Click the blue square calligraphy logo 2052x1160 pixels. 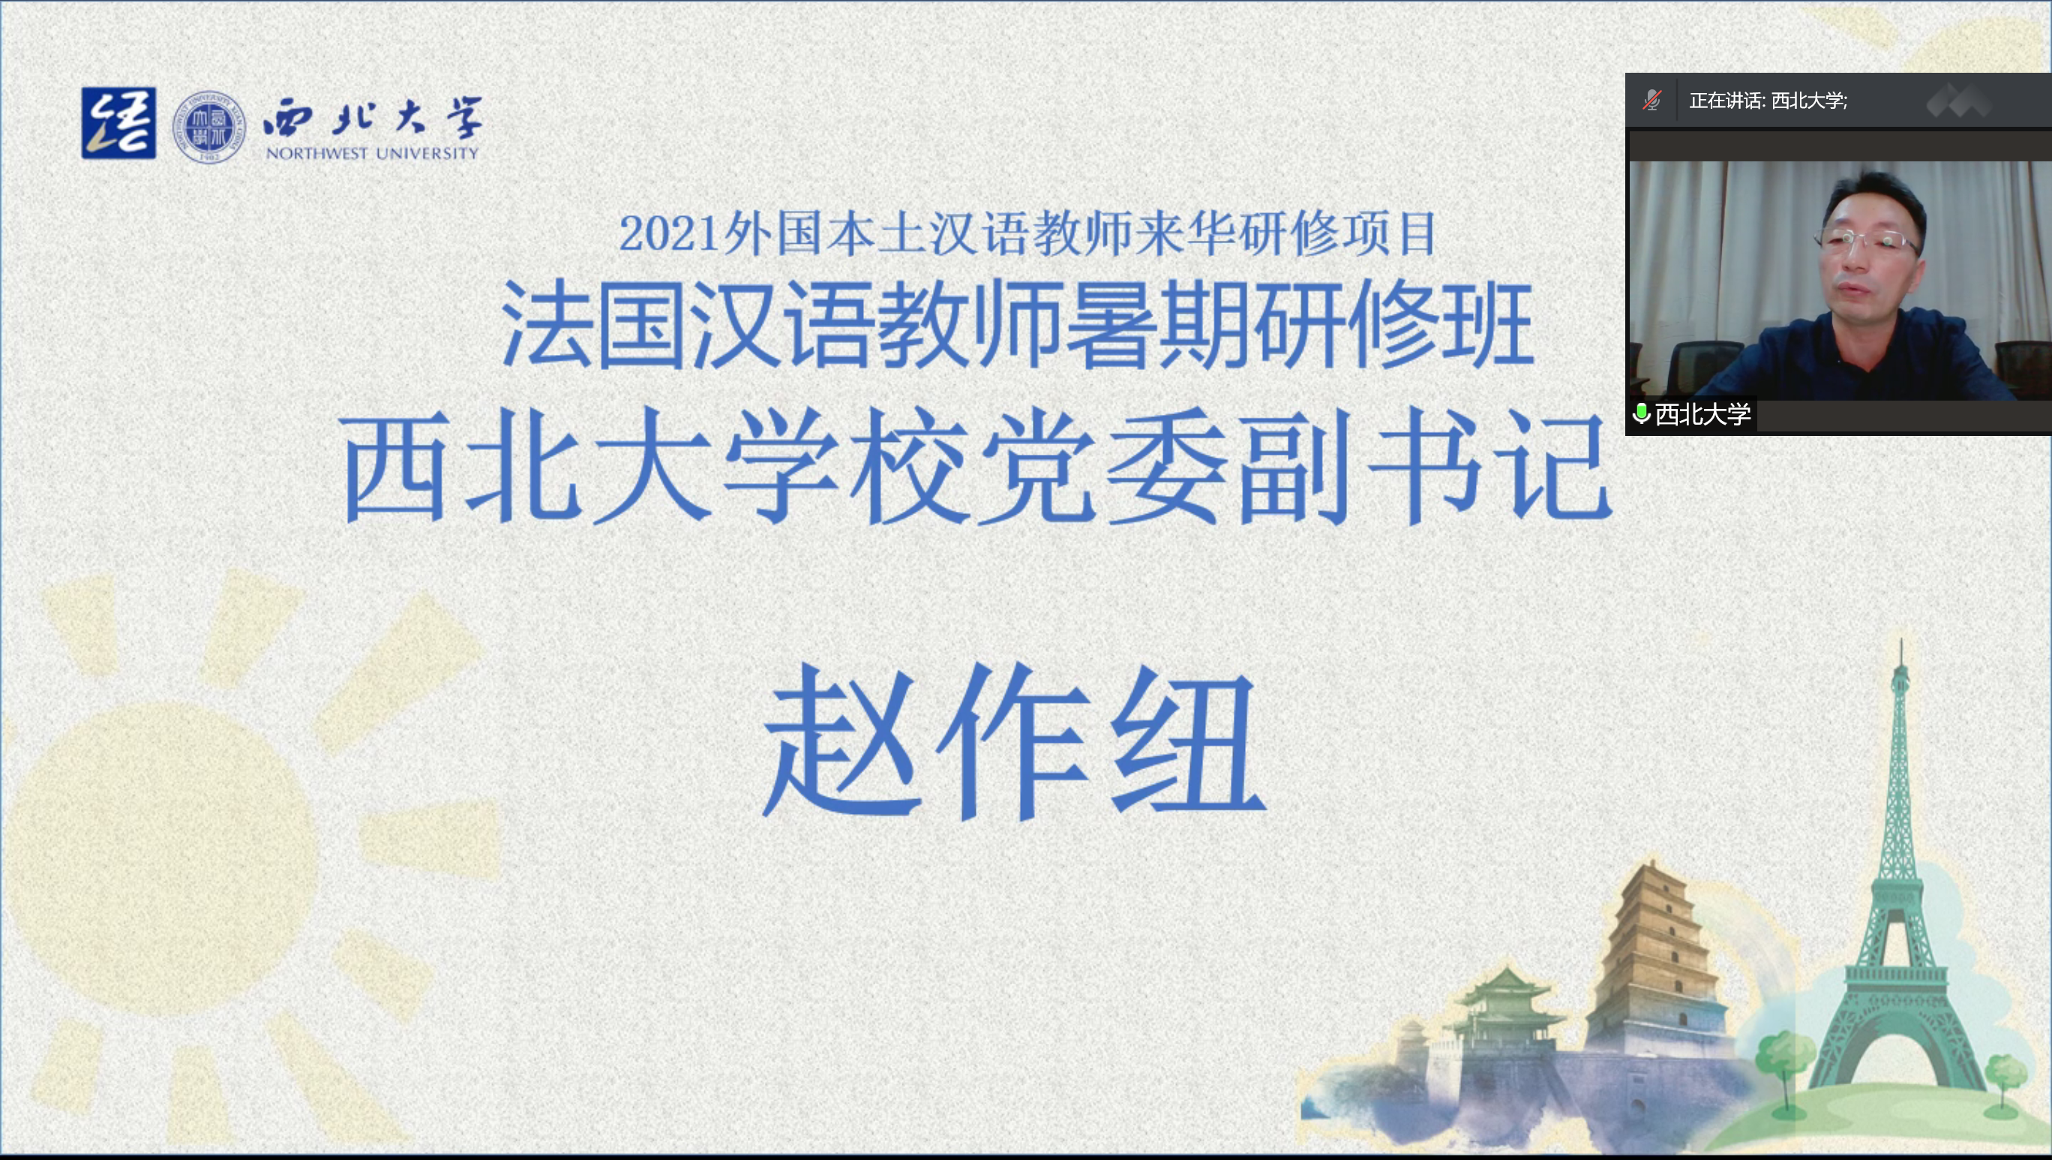pyautogui.click(x=118, y=123)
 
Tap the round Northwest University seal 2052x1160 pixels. pyautogui.click(x=209, y=127)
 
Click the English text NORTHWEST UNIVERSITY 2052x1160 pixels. pyautogui.click(x=372, y=152)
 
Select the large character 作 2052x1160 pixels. pyautogui.click(x=1012, y=741)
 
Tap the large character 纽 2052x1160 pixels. pyautogui.click(x=1187, y=741)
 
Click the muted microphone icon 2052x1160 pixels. pyautogui.click(x=1652, y=101)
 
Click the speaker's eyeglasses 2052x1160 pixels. pyautogui.click(x=1867, y=239)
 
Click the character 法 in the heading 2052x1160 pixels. pyautogui.click(x=547, y=324)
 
